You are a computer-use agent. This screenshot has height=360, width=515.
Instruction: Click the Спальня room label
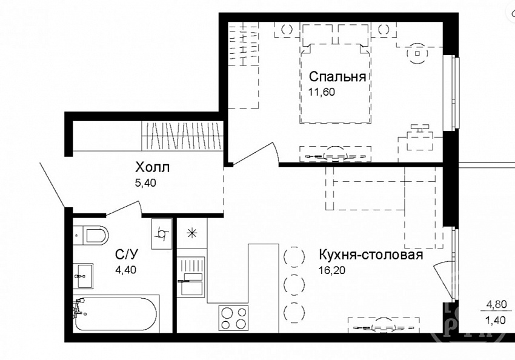[337, 77]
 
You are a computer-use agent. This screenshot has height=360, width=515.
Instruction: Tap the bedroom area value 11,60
[322, 92]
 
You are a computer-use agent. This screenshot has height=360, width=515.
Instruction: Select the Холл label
[153, 167]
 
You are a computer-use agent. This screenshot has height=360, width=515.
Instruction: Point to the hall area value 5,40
[145, 182]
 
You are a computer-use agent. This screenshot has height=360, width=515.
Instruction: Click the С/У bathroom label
[127, 254]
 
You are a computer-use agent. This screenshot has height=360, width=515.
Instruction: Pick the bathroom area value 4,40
[125, 270]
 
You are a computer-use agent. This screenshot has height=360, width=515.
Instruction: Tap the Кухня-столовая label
[371, 255]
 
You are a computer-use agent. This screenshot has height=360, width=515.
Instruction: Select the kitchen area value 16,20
[332, 270]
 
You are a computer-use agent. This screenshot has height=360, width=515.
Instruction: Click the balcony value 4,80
[496, 304]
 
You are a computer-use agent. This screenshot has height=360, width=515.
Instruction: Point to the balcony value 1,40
[496, 319]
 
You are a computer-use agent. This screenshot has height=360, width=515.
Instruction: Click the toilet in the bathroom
[91, 235]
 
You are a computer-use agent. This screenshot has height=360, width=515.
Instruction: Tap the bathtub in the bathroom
[116, 314]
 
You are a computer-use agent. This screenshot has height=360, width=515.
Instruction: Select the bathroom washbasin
[83, 276]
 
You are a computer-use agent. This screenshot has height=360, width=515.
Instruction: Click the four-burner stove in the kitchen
[233, 318]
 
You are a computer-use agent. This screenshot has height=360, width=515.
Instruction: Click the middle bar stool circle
[294, 283]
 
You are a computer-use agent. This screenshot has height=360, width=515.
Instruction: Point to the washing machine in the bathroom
[162, 233]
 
